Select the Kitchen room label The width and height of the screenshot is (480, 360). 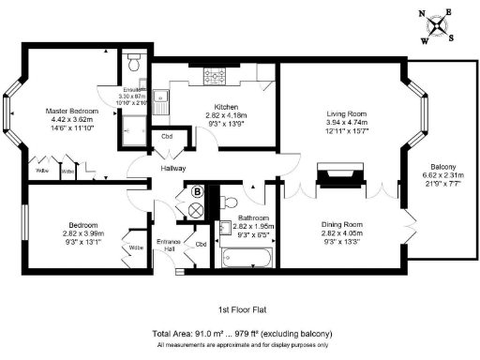click(x=230, y=106)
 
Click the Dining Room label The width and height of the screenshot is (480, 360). click(x=341, y=225)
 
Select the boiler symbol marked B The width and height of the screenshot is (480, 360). click(x=197, y=192)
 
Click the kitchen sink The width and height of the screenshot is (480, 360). click(x=162, y=98)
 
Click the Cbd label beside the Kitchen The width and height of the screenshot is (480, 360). click(x=168, y=137)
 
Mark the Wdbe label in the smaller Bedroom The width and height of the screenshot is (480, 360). click(x=137, y=247)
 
